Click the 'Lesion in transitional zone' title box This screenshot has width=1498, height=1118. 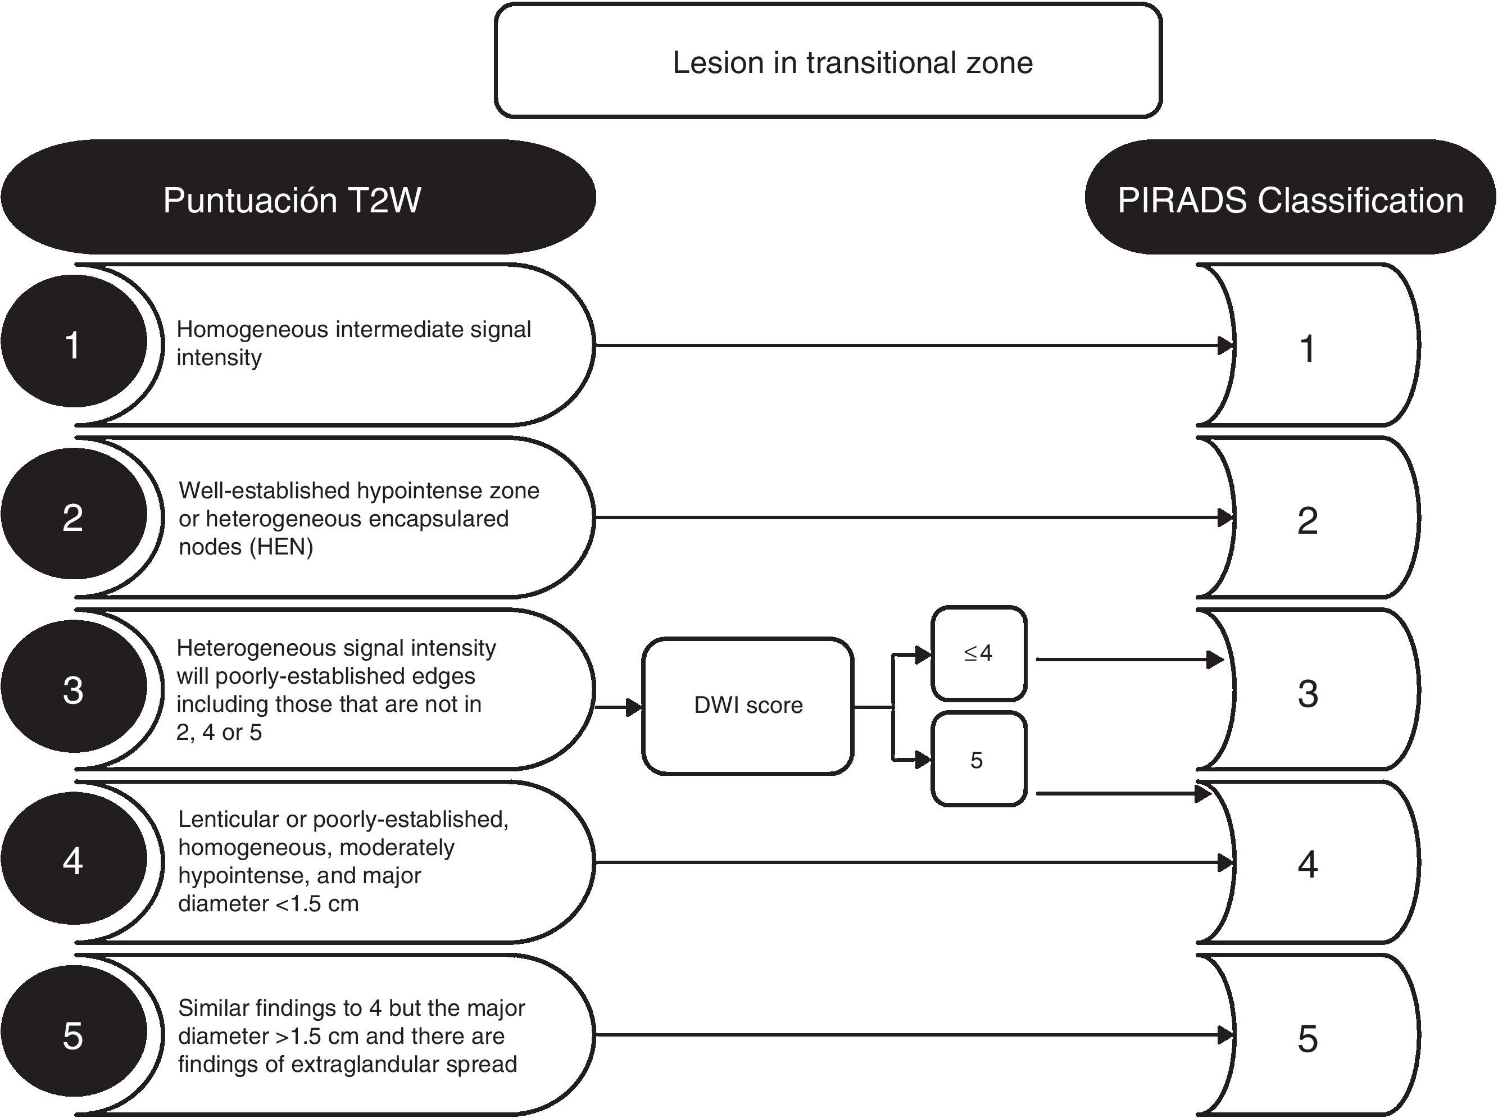coord(828,61)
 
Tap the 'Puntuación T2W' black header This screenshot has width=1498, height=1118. coord(298,197)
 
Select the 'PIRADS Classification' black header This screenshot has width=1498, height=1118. coord(1290,197)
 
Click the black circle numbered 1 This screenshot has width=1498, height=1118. coord(74,341)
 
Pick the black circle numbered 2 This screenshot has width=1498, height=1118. coord(74,513)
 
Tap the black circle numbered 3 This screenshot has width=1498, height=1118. coord(74,686)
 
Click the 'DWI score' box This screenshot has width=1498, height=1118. coord(747,705)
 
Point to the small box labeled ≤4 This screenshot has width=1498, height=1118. coord(979,653)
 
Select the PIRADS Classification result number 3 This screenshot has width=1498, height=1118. coord(1307,694)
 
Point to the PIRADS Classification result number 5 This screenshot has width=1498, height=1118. coord(1307,1039)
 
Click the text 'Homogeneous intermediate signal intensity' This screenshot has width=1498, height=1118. coord(353,343)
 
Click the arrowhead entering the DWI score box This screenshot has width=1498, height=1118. coord(634,707)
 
